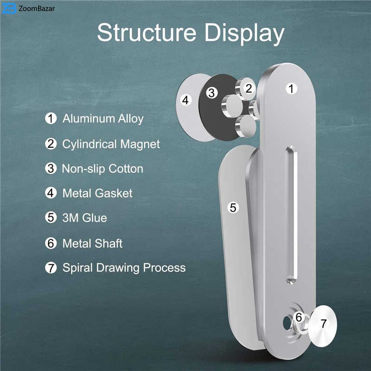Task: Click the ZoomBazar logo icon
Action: (x=9, y=8)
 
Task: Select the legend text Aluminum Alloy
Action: (x=103, y=118)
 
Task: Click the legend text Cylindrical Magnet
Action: (x=111, y=144)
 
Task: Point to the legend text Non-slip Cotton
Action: (x=102, y=168)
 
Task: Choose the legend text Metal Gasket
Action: (x=97, y=193)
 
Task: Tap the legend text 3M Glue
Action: (x=84, y=217)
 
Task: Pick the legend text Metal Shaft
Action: (x=92, y=243)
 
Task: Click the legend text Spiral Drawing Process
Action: (x=124, y=268)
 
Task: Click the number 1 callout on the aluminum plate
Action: (x=291, y=89)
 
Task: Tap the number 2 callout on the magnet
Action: (x=249, y=89)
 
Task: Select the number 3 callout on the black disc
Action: (x=212, y=93)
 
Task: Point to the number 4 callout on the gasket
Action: (x=186, y=100)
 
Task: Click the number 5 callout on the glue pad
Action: (x=233, y=208)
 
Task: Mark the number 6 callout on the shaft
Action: (x=299, y=318)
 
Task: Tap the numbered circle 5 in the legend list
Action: (x=51, y=217)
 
